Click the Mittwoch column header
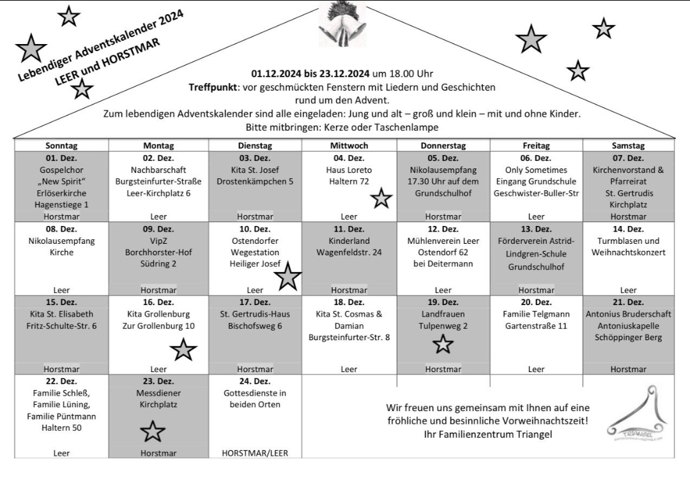(349, 146)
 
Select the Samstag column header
(628, 146)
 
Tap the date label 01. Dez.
(61, 158)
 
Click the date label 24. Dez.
(254, 381)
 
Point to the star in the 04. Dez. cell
(381, 199)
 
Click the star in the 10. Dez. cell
(288, 277)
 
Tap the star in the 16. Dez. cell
(183, 349)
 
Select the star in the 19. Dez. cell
(443, 345)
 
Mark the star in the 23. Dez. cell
(152, 431)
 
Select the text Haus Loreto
(349, 170)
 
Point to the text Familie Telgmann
(536, 314)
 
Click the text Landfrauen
(443, 314)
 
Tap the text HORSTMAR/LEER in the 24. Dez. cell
(254, 453)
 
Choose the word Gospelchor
(61, 170)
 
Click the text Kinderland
(349, 241)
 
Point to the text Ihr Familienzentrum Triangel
(487, 435)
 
